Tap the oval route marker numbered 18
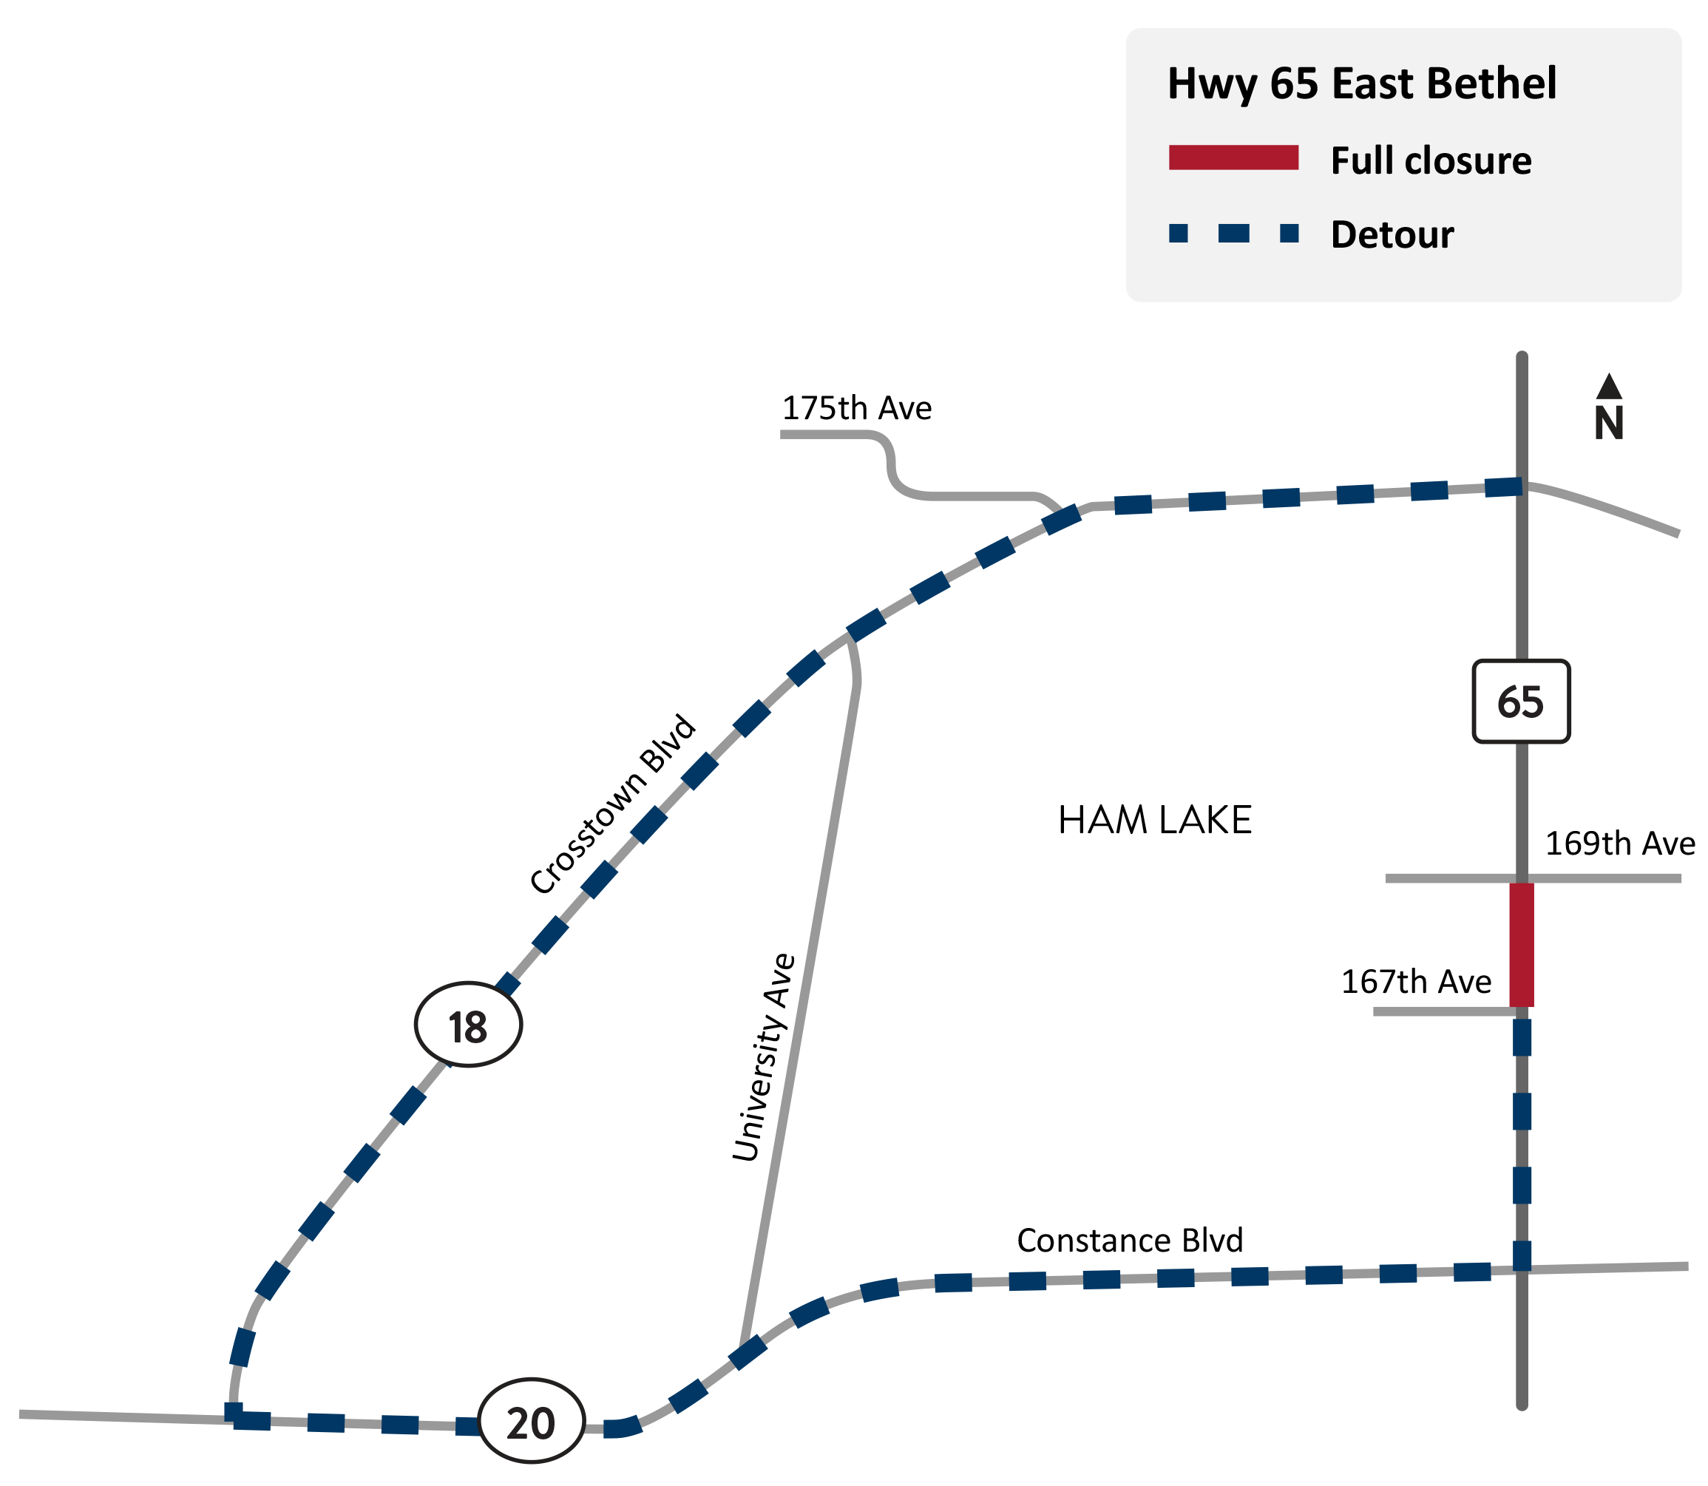[x=467, y=1025]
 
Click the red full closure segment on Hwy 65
[x=1521, y=945]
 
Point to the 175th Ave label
[x=856, y=408]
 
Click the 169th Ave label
[x=1619, y=844]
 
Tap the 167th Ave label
[x=1415, y=982]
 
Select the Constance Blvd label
[x=1129, y=1241]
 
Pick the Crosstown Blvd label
[x=613, y=804]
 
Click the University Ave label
[x=764, y=1057]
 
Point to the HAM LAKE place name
[x=1154, y=821]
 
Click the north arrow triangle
[x=1608, y=387]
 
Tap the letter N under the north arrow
[x=1608, y=424]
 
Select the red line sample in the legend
[x=1233, y=157]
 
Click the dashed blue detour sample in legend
[x=1233, y=233]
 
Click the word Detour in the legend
[x=1392, y=234]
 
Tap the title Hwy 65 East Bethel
[x=1361, y=84]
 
